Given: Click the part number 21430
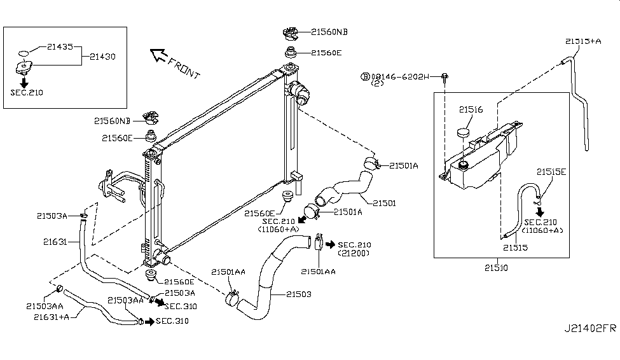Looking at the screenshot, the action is tap(102, 57).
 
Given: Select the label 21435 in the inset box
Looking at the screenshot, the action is tap(60, 46).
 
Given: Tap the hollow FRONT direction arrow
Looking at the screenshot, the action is tap(159, 55).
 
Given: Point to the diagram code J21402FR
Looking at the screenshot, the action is tap(590, 328).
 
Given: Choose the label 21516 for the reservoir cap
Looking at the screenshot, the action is tap(471, 109).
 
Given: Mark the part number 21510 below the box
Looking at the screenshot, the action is tap(496, 268).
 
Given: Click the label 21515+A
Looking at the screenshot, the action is tap(583, 41).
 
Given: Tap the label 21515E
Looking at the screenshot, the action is tap(551, 172).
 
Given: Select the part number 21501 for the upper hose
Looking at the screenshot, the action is tap(384, 203).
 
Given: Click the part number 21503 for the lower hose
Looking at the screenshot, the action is tap(298, 294).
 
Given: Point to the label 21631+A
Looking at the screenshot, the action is tap(52, 317).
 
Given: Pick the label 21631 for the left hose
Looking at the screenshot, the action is tap(55, 242).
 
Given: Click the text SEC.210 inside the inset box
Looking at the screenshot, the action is tap(27, 93).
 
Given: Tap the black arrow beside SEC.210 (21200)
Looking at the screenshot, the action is tap(330, 245).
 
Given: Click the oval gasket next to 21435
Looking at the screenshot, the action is tap(24, 53).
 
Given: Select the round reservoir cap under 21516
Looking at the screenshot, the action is tap(463, 132).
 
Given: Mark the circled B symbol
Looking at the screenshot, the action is tap(366, 76).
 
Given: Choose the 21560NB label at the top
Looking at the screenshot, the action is tap(329, 32).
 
